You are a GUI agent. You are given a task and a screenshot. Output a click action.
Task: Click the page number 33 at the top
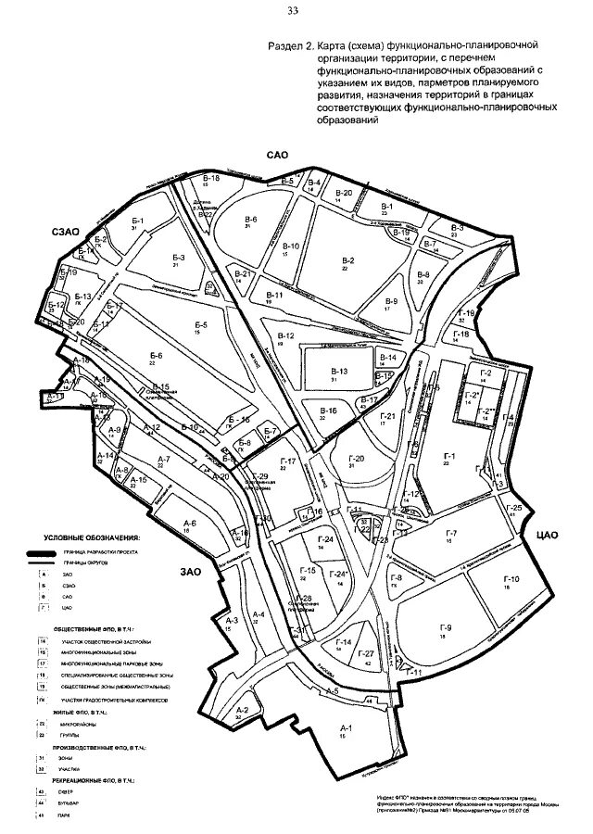(293, 11)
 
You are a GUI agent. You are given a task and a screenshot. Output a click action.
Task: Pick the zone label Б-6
(156, 356)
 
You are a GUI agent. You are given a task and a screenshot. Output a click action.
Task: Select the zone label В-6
(251, 219)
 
